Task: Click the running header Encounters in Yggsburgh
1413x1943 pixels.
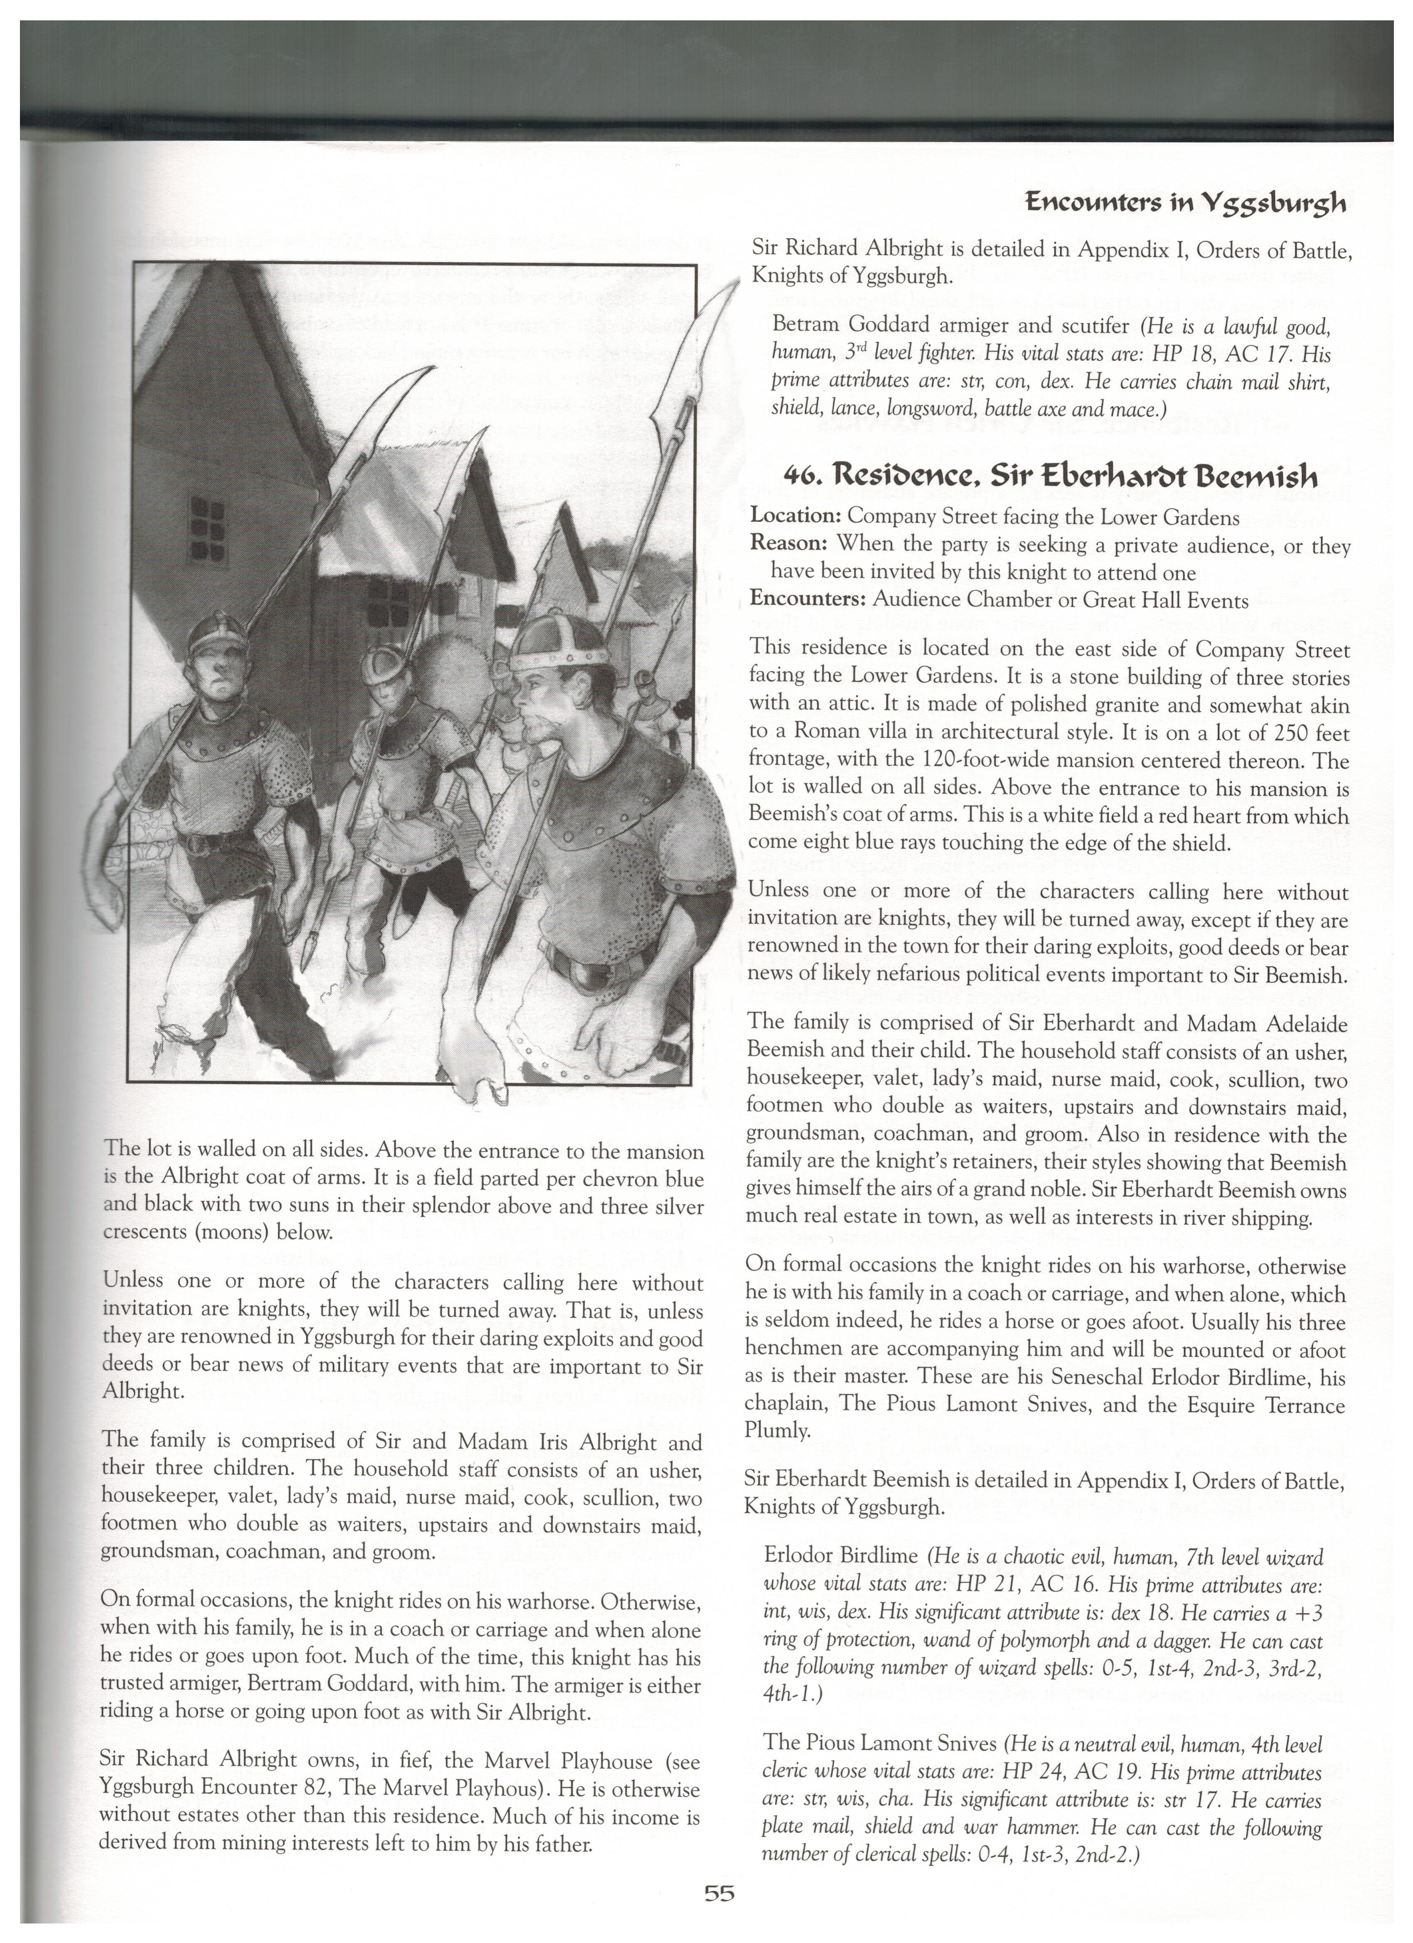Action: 1185,203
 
